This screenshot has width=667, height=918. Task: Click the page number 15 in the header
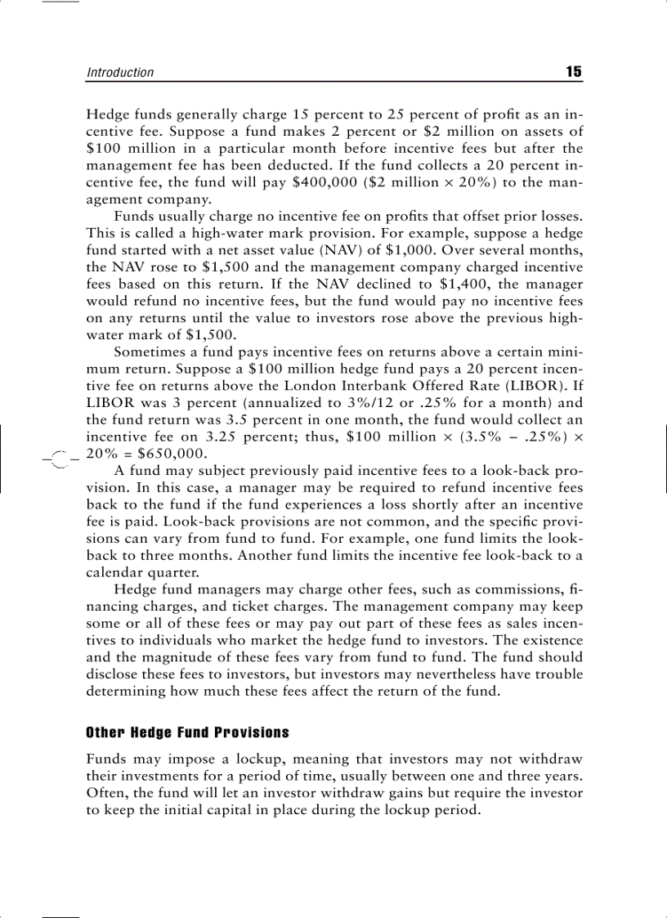[x=573, y=72]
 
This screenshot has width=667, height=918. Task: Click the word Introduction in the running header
[x=120, y=73]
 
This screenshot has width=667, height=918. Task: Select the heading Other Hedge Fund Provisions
[x=188, y=732]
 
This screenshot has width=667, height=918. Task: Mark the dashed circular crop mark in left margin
[x=57, y=459]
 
